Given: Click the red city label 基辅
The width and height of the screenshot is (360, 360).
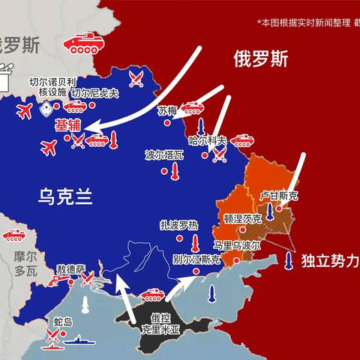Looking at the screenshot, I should point(67,127).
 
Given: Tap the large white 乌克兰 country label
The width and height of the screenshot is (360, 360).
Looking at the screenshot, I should point(65,196).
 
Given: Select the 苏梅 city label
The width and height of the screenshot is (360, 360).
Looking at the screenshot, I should point(167,110).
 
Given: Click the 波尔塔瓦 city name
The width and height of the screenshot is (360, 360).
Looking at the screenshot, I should point(164,155).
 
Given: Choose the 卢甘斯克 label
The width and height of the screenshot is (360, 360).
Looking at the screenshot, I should point(279,196).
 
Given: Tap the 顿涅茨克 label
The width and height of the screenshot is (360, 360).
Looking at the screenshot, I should point(242,219).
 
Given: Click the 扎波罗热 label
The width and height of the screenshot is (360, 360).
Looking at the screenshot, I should point(178,224).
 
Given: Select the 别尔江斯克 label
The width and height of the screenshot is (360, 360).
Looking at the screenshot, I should point(196,259).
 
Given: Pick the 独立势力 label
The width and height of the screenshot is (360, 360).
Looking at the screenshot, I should point(330,262).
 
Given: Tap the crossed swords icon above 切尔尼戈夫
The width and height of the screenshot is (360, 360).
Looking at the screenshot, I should point(136,76).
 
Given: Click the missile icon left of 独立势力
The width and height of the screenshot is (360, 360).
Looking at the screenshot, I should point(289,261).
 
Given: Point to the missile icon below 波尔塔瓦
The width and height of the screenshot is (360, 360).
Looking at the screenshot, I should point(175,174).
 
